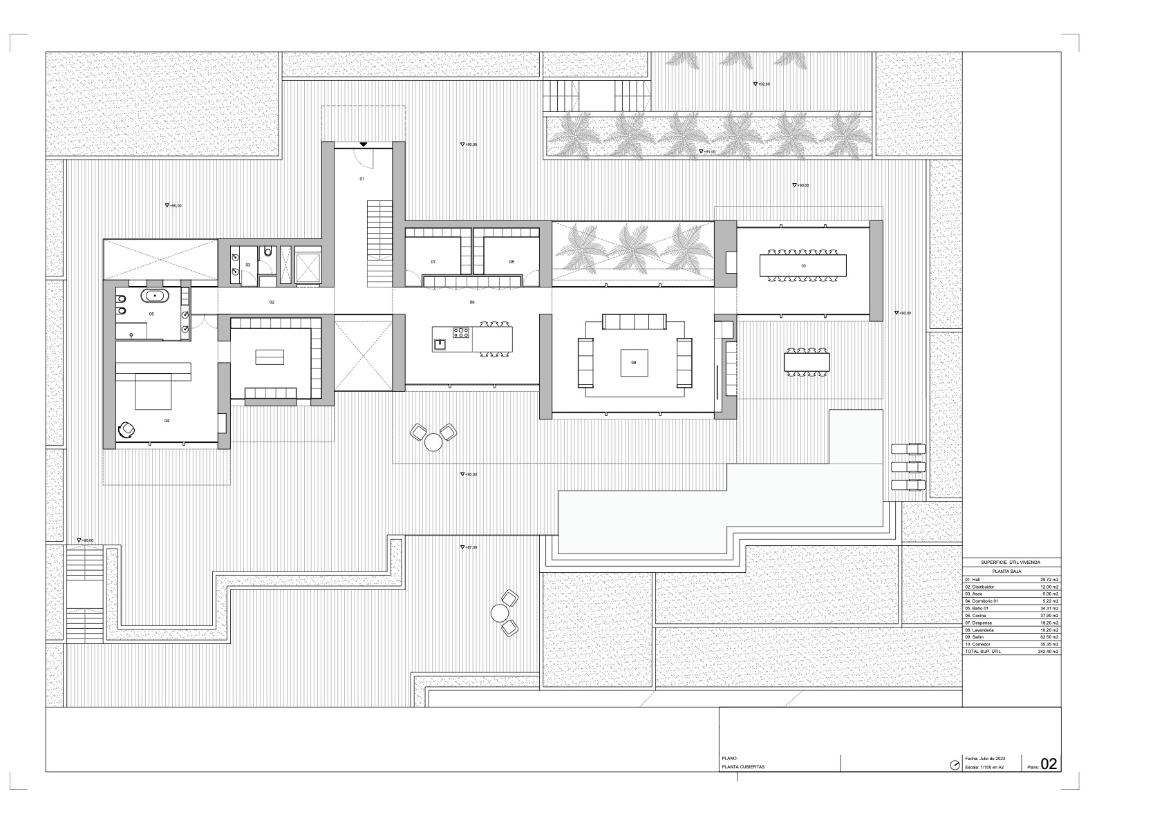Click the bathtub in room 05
point(156,296)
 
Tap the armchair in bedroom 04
point(128,429)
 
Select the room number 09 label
point(633,362)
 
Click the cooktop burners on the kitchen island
point(461,334)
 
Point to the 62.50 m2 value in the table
point(1050,637)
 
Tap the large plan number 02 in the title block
point(1049,764)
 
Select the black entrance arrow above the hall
point(364,144)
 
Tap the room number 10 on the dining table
point(803,266)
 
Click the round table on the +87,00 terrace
point(499,612)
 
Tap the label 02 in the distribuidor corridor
point(272,303)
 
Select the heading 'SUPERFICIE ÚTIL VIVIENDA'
point(1011,563)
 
